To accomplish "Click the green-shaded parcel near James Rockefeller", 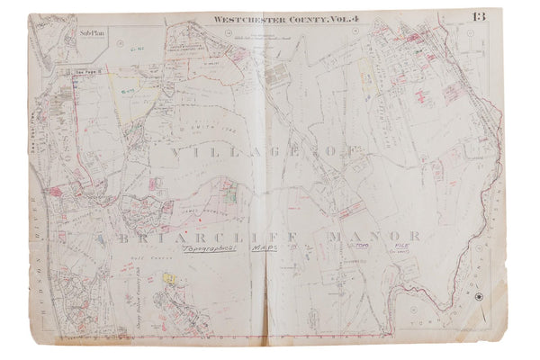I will tap(230, 191).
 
